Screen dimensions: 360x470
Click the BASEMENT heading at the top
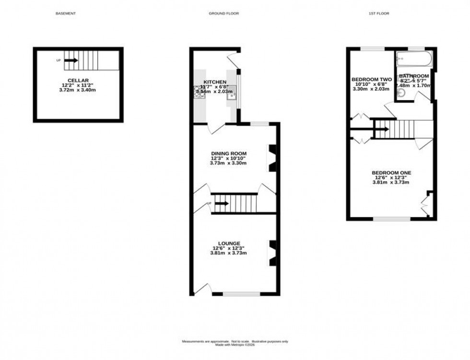point(66,13)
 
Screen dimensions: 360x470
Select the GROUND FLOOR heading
point(223,13)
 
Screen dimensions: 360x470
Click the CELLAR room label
point(78,81)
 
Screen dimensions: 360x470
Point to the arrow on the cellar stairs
point(70,60)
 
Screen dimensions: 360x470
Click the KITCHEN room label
point(215,82)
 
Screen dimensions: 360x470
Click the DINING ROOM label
point(228,153)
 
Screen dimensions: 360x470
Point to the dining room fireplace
point(272,158)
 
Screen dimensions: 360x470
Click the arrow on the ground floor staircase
point(222,204)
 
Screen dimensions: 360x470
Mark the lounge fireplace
point(272,253)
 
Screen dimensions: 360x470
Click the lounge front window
point(242,293)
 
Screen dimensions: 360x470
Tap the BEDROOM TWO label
point(372,79)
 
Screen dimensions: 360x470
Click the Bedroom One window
point(392,219)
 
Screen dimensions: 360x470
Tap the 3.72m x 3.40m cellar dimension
point(78,90)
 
